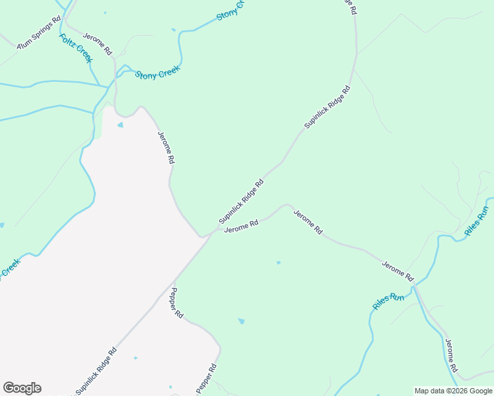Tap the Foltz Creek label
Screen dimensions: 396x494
pos(75,48)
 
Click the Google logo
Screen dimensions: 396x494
pos(22,388)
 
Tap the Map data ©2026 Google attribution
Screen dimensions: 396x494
pos(453,391)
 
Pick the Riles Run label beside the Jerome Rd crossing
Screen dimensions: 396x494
pos(388,301)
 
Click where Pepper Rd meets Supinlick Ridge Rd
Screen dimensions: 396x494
pos(174,278)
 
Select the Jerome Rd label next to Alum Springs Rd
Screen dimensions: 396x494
pos(98,44)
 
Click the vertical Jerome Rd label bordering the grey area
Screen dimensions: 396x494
pos(166,147)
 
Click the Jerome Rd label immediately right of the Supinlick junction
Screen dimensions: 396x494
pos(240,227)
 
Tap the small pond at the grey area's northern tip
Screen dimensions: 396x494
pos(120,125)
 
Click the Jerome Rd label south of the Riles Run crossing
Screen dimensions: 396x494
pos(450,356)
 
